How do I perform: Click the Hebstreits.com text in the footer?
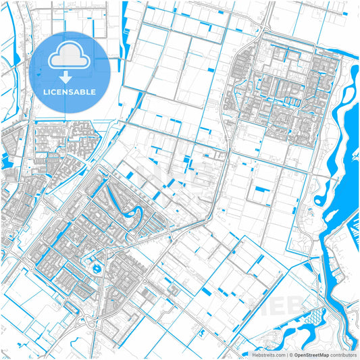click(268, 355)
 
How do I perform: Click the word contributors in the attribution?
click(344, 355)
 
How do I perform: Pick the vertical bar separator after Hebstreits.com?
click(286, 355)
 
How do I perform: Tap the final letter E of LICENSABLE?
click(94, 91)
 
